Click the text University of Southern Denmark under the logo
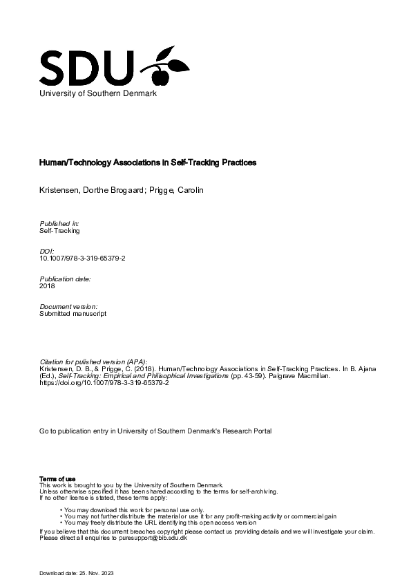click(x=98, y=93)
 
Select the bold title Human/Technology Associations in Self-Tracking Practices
click(x=147, y=163)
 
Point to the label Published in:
click(x=60, y=223)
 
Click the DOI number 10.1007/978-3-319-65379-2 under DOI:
click(x=83, y=258)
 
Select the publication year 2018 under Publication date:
click(x=47, y=285)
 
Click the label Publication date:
click(x=65, y=279)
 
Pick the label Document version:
click(x=68, y=306)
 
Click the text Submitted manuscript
click(x=73, y=313)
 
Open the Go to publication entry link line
click(x=155, y=431)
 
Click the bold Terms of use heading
click(x=52, y=479)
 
